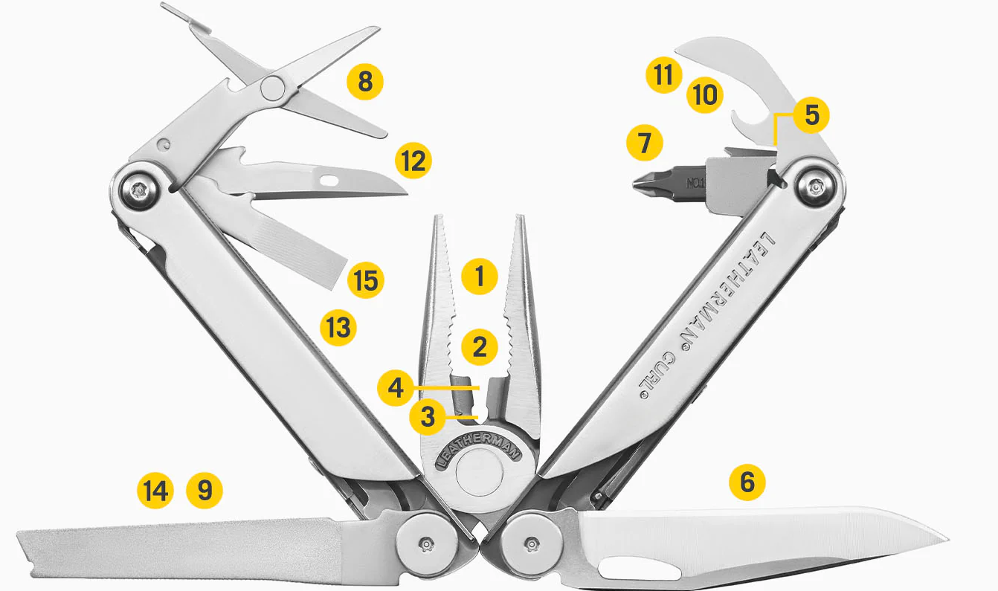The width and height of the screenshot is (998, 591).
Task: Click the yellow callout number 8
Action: click(x=365, y=82)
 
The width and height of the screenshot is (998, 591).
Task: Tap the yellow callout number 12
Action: click(x=413, y=161)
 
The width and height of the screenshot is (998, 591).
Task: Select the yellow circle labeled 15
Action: click(x=365, y=280)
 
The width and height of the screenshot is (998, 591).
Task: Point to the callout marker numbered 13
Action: click(x=338, y=328)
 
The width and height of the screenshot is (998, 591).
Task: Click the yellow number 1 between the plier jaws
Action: click(x=480, y=276)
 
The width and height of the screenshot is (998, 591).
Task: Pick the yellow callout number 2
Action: click(x=480, y=347)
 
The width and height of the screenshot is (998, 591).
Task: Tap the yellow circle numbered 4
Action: click(x=395, y=387)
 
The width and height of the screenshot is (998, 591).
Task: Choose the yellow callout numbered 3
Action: click(x=428, y=417)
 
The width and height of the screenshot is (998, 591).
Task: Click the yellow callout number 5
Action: click(x=811, y=115)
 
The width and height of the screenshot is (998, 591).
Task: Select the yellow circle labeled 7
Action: click(x=644, y=143)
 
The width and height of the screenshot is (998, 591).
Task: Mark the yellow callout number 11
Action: click(x=664, y=74)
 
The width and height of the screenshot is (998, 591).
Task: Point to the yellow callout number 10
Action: click(x=704, y=95)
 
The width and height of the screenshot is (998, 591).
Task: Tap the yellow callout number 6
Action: click(x=747, y=482)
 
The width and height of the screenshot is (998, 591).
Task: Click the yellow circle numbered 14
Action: click(x=155, y=491)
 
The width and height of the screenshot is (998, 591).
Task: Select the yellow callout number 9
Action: click(x=204, y=491)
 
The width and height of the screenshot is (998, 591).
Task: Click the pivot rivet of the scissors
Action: click(x=272, y=88)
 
